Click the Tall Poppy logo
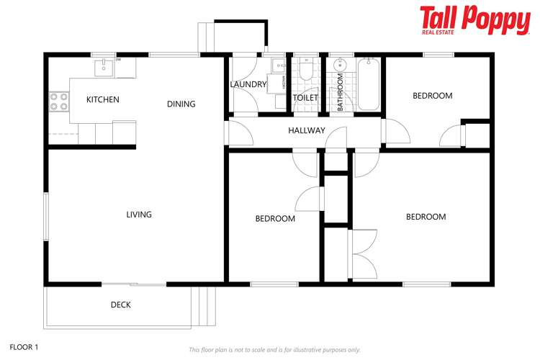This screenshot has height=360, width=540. pyautogui.click(x=474, y=19)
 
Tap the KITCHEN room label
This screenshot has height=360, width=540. pyautogui.click(x=103, y=99)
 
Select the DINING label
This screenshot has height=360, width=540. pyautogui.click(x=181, y=104)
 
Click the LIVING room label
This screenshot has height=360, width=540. pyautogui.click(x=139, y=215)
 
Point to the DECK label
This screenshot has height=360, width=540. pyautogui.click(x=121, y=305)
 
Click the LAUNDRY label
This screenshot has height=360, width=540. pyautogui.click(x=248, y=84)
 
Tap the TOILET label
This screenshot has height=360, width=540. pyautogui.click(x=306, y=98)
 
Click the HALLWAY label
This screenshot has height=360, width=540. pyautogui.click(x=307, y=131)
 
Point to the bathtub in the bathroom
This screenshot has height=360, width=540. pyautogui.click(x=368, y=84)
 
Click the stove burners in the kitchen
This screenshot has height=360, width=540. pyautogui.click(x=58, y=102)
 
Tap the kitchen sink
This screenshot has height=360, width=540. pyautogui.click(x=104, y=68)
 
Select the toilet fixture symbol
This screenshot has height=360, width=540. pyautogui.click(x=306, y=71)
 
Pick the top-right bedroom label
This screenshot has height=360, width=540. pyautogui.click(x=432, y=96)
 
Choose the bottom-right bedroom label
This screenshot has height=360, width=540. pyautogui.click(x=426, y=217)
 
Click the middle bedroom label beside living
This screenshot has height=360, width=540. pyautogui.click(x=275, y=219)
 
